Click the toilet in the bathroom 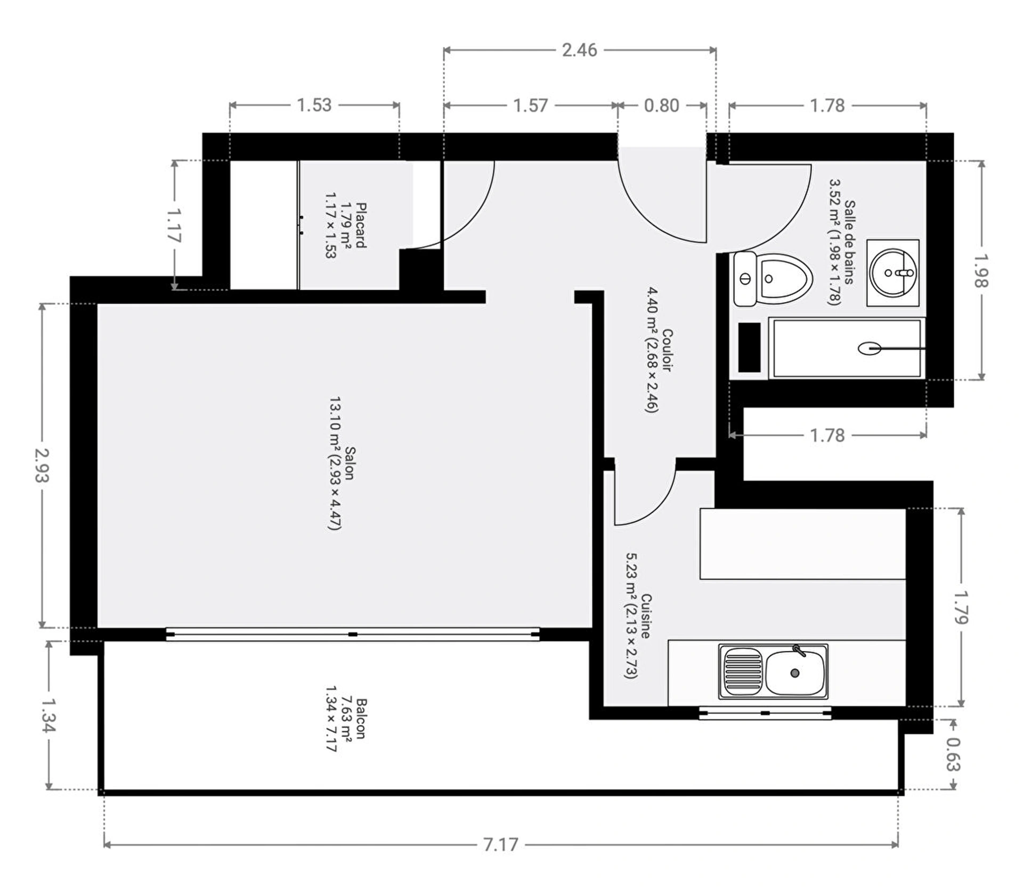773,279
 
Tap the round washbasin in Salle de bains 893,273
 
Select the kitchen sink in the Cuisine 773,672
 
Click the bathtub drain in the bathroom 869,349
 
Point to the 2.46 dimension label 580,50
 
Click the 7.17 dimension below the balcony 500,845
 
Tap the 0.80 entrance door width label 662,105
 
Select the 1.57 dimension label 530,105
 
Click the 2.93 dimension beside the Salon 42,465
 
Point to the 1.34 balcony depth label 48,715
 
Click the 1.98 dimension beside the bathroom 981,270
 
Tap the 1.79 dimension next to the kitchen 961,607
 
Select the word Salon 350,463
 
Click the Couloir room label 667,350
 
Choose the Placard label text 361,225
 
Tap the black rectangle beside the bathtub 749,347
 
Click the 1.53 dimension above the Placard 314,105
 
